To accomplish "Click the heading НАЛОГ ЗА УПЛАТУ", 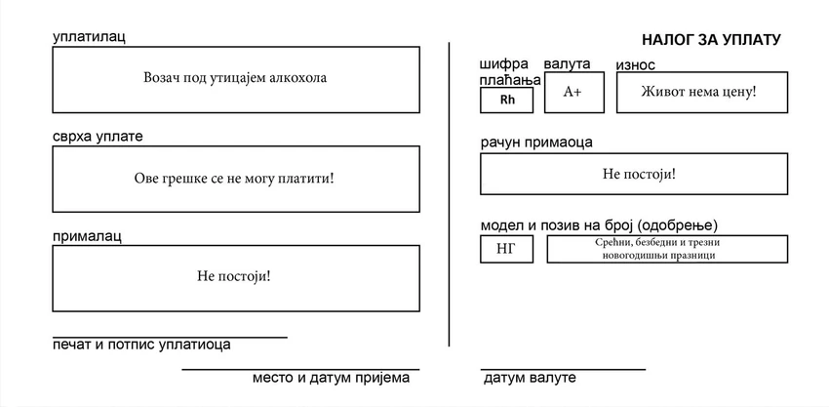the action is [x=711, y=40].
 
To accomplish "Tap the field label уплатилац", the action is [x=89, y=37].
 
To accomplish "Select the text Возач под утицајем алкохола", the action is [x=235, y=78].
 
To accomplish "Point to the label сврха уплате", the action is [x=98, y=136].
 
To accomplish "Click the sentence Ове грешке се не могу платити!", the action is [x=234, y=178].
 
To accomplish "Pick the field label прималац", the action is [x=87, y=235].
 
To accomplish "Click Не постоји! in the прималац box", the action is [x=234, y=276].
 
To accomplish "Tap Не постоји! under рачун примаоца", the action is [x=639, y=174].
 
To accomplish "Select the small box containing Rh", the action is [x=506, y=100].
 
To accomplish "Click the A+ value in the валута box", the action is [x=572, y=92].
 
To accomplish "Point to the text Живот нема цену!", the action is [x=699, y=92].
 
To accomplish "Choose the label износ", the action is [x=636, y=65].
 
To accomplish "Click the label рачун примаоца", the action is [x=536, y=142].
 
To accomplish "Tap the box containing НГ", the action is [x=506, y=249].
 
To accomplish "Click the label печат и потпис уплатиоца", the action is [x=141, y=345].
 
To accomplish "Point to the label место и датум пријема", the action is [x=331, y=378].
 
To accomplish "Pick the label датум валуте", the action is [x=530, y=378].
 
